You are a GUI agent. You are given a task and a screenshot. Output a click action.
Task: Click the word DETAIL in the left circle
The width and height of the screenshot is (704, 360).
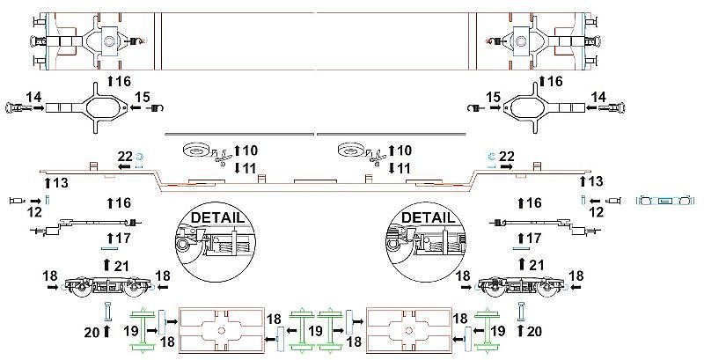(218, 217)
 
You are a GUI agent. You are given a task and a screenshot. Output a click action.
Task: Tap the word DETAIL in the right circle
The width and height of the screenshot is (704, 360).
(428, 217)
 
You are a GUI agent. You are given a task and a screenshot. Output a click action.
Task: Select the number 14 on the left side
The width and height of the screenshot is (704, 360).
(33, 97)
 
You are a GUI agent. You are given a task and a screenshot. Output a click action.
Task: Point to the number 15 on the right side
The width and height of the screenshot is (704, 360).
(493, 97)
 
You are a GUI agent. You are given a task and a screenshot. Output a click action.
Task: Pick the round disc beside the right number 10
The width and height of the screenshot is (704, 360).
(351, 150)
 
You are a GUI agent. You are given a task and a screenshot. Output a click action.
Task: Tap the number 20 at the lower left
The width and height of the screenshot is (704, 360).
(92, 333)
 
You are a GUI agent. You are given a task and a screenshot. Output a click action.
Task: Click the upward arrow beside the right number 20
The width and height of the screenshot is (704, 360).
(521, 331)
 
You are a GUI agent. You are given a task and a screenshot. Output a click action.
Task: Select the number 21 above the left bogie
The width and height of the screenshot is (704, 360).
(121, 266)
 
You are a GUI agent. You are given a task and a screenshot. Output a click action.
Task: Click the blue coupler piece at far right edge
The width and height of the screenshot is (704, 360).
(665, 201)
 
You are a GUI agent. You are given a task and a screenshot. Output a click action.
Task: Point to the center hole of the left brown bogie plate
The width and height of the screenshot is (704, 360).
(221, 331)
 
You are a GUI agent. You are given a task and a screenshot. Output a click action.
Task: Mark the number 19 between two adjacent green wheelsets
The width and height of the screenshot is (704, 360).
(316, 331)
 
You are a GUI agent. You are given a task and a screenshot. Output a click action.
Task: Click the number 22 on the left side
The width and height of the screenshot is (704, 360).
(125, 157)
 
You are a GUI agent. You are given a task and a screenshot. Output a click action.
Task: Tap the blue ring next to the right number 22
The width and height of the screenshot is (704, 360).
(491, 156)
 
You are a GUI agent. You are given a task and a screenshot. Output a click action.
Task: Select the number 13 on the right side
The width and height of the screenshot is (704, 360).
(596, 182)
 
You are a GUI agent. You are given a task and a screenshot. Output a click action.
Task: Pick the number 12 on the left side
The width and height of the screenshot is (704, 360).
(34, 212)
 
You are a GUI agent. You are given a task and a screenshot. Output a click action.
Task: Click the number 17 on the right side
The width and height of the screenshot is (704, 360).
(533, 238)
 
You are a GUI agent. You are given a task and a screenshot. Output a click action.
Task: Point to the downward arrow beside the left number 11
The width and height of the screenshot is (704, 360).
(237, 168)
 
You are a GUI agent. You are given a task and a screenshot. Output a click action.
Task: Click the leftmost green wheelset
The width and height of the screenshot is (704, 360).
(143, 329)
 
